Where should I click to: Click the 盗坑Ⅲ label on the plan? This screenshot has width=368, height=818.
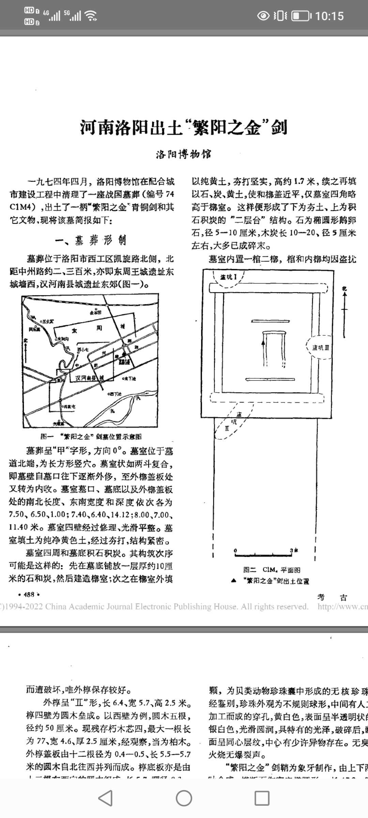[x=321, y=348]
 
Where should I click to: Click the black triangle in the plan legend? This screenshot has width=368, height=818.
[x=233, y=580]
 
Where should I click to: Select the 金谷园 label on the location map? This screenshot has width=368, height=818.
[x=95, y=312]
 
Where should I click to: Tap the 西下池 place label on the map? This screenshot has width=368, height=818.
[x=115, y=394]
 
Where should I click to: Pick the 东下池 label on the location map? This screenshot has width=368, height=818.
[x=129, y=379]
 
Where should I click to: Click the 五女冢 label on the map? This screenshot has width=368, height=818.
[x=47, y=321]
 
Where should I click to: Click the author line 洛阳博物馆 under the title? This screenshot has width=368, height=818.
[x=184, y=154]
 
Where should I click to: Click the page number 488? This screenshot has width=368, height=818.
[x=29, y=594]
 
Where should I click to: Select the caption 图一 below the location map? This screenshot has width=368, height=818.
[x=91, y=437]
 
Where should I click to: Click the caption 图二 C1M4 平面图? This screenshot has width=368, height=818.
[x=272, y=570]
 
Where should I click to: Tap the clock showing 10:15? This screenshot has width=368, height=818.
[x=329, y=16]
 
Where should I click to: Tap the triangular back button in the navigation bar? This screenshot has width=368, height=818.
[x=106, y=798]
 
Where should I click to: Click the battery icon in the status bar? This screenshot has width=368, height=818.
[x=301, y=16]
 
